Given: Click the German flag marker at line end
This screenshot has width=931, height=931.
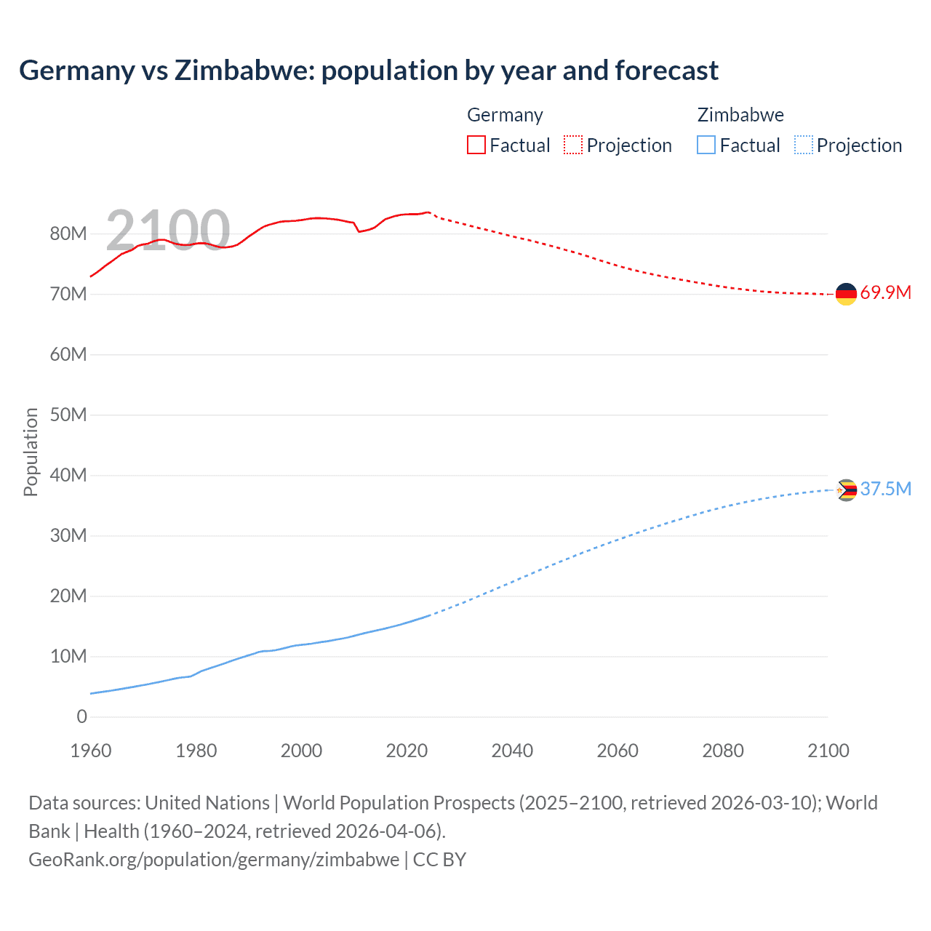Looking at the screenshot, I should click(x=846, y=294).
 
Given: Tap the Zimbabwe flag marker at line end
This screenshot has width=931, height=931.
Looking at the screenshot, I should click(x=846, y=490).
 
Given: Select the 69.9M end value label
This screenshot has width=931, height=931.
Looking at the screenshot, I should click(x=885, y=293).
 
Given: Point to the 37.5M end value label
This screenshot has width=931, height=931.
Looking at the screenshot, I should click(x=885, y=489).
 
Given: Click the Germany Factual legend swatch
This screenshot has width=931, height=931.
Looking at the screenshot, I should click(x=476, y=145).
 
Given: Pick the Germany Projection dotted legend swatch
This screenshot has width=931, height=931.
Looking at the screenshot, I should click(x=573, y=145).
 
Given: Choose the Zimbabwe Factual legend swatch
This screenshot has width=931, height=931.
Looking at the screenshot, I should click(x=706, y=145).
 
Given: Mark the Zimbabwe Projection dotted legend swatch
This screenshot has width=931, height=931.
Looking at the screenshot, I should click(x=804, y=145).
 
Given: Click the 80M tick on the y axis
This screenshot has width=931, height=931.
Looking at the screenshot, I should click(x=68, y=234).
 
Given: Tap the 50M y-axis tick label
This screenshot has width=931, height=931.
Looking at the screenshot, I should click(x=68, y=415).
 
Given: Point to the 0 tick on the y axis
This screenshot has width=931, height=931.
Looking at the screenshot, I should click(x=81, y=717).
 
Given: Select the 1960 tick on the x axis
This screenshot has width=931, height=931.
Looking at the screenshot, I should click(x=91, y=751).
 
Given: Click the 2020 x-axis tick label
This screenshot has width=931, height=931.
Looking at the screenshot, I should click(x=407, y=751).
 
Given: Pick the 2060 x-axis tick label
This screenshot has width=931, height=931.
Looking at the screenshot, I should click(x=618, y=751).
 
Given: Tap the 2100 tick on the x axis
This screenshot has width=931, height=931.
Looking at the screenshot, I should click(x=828, y=751).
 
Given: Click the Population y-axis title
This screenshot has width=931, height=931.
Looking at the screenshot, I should click(x=31, y=452).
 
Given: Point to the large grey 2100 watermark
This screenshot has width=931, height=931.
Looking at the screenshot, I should click(x=168, y=231).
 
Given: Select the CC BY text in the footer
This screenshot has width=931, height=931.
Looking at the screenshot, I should click(x=439, y=860).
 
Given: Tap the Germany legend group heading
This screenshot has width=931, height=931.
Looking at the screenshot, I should click(x=505, y=115).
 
